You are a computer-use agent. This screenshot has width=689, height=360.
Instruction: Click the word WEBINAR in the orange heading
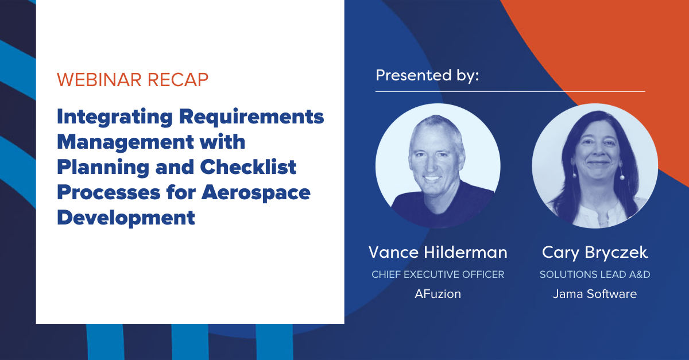99,80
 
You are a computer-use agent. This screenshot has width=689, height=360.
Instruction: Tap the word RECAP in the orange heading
178,80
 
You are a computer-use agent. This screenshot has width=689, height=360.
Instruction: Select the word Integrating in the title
115,118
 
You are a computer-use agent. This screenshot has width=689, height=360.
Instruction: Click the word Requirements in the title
251,118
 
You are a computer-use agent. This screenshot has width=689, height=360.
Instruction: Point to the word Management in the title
125,143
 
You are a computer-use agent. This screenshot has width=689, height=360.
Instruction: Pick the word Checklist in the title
248,167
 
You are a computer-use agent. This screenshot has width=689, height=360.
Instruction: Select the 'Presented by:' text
427,76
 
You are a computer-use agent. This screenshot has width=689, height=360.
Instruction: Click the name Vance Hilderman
438,252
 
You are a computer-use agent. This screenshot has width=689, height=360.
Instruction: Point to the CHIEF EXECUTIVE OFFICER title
438,274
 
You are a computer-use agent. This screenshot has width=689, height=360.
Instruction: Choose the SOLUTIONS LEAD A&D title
595,274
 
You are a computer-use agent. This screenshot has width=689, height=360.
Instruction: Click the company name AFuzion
438,294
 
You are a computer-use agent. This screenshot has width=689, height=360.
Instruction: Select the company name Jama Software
595,294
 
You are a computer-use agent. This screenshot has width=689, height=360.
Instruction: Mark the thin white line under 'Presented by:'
510,91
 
